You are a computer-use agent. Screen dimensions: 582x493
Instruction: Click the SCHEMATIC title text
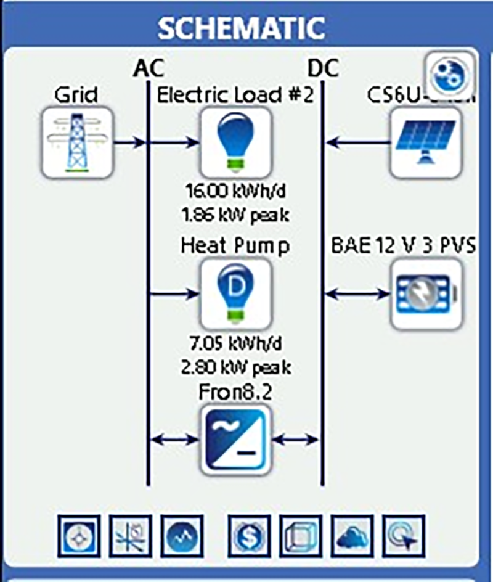pos(241,27)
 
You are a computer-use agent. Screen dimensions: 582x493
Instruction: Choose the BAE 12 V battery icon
pos(426,293)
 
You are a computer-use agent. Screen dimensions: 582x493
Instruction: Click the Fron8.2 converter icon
pos(235,439)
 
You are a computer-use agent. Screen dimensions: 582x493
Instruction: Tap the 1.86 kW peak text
pos(236,215)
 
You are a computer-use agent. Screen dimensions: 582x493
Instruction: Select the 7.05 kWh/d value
pos(236,342)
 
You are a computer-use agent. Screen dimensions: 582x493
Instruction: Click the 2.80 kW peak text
pos(236,367)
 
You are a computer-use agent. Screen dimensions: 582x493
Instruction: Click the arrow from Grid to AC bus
pos(130,142)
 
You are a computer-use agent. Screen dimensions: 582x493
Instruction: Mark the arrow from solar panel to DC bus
pos(357,142)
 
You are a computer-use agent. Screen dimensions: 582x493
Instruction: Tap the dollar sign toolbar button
pos(249,536)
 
